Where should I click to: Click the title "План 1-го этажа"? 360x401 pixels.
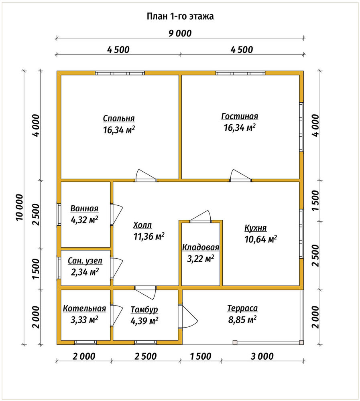(180, 16)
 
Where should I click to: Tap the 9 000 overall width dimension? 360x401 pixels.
(180, 33)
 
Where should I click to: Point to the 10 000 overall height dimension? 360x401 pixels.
(19, 207)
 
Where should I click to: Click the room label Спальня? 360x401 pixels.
(119, 118)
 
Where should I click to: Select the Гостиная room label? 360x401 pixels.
(240, 116)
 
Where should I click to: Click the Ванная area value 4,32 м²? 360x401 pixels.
(85, 220)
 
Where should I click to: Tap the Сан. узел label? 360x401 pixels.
(85, 261)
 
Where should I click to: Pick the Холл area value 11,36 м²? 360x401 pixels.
(149, 236)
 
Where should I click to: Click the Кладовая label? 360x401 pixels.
(201, 247)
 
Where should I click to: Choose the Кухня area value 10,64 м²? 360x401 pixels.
(260, 239)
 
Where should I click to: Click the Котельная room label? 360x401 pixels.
(85, 308)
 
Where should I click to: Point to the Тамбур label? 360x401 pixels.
(144, 310)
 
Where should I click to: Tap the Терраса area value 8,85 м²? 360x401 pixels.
(242, 320)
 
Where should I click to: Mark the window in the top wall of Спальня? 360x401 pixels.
(120, 73)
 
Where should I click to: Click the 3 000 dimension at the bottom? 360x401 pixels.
(262, 356)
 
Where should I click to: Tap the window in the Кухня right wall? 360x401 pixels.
(301, 234)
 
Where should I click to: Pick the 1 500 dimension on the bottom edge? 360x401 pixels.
(201, 356)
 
